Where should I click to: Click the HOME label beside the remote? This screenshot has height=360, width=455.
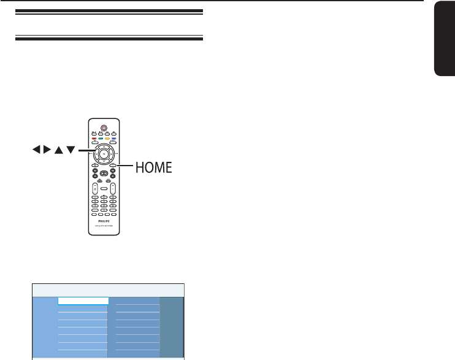pyautogui.click(x=150, y=166)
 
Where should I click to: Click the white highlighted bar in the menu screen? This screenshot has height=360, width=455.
pyautogui.click(x=83, y=301)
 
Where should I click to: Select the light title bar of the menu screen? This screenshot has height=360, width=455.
pyautogui.click(x=108, y=290)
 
